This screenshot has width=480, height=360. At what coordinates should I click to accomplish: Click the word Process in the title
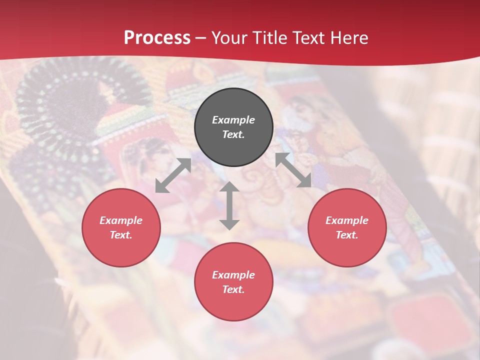157,38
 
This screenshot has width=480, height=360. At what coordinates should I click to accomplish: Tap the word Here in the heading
348,38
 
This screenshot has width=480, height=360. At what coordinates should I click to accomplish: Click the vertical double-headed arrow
229,205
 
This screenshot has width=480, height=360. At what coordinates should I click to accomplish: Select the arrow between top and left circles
173,175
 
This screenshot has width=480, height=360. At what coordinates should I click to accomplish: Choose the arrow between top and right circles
293,170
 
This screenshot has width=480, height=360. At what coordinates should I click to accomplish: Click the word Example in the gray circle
233,120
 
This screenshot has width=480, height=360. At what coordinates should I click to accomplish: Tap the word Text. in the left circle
121,235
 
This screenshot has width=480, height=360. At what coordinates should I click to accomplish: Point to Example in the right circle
347,220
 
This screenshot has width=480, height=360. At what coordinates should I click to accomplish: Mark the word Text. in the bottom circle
233,289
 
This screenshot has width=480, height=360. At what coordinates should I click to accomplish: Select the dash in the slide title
201,38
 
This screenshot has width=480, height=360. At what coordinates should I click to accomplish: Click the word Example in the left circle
121,220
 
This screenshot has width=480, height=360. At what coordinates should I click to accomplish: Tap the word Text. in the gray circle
233,134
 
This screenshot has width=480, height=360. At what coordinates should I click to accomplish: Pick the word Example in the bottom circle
233,275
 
